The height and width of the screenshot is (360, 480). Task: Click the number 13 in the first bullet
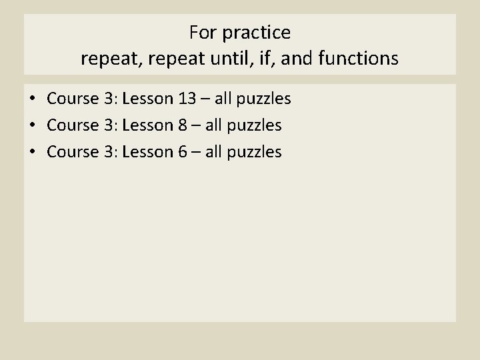coord(186,99)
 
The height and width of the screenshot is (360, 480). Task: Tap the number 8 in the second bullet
coord(181,125)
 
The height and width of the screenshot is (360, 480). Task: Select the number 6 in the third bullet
coord(181,151)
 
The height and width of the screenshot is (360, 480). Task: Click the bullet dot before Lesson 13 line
coord(32,99)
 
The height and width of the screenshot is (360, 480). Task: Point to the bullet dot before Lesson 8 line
coord(32,125)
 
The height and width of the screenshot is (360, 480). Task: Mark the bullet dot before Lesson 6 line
coord(32,152)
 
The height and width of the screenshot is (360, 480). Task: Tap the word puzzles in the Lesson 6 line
coord(255,152)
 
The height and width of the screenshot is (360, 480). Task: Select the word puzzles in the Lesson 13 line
coord(264,99)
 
